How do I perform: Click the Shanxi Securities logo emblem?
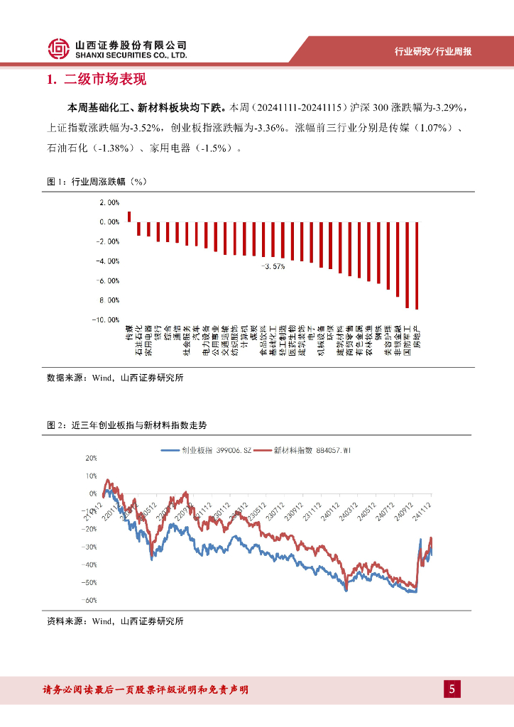pos(60,49)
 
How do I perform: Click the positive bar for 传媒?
pos(129,217)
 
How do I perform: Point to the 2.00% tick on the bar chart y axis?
pos(109,202)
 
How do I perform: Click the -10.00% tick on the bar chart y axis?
pos(106,320)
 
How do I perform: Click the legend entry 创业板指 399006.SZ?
pos(207,450)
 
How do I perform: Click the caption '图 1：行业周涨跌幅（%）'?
pos(96,182)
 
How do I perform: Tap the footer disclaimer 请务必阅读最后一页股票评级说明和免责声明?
pos(146,689)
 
